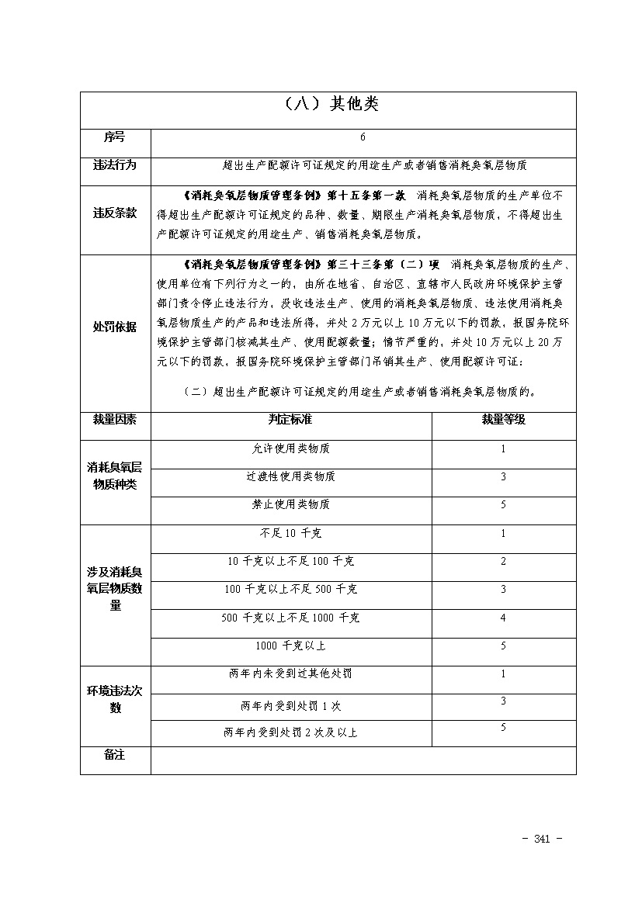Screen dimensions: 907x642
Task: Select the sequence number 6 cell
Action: (363, 137)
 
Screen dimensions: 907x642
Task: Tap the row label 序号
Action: (114, 137)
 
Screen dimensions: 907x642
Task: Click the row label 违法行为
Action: (115, 164)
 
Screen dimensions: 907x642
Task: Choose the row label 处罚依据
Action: (115, 327)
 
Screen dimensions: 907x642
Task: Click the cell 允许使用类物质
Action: (290, 448)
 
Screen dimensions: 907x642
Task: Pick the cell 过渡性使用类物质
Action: (290, 476)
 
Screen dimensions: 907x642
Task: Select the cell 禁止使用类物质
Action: (290, 504)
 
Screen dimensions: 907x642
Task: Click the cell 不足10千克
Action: (290, 533)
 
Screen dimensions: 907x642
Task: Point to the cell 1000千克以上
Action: (290, 646)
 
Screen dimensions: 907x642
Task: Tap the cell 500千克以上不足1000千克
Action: (290, 618)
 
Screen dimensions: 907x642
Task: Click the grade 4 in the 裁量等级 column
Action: (503, 618)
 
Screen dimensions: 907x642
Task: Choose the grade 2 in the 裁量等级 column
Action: (503, 561)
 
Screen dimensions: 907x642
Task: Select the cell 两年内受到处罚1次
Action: (290, 706)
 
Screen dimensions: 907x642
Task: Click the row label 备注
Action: (114, 755)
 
